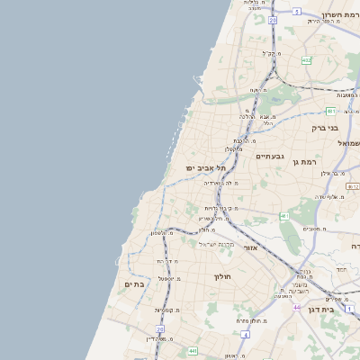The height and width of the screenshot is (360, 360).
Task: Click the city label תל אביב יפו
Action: [203, 168]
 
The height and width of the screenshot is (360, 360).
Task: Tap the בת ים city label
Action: [132, 284]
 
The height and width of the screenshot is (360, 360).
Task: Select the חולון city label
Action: [223, 276]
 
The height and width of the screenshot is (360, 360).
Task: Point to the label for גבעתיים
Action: [270, 157]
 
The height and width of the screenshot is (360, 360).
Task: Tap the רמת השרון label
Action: [340, 15]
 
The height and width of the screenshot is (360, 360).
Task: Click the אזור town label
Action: [251, 247]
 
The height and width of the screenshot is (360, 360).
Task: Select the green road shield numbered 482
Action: [306, 61]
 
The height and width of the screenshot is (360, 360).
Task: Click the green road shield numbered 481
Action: [331, 112]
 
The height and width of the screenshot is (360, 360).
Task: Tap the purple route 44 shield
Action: [297, 307]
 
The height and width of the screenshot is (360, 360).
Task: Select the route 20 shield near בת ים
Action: [161, 330]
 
